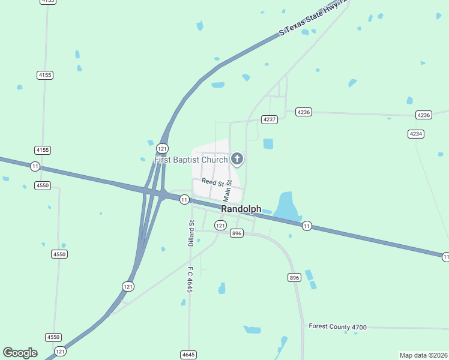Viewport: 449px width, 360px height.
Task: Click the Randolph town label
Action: click(241, 209)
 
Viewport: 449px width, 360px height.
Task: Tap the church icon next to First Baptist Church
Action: click(237, 159)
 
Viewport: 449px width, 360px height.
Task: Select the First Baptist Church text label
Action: click(191, 160)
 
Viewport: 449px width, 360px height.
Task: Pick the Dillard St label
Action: click(191, 233)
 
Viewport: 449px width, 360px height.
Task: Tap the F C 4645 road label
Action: click(190, 280)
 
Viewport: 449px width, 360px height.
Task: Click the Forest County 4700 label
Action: click(337, 326)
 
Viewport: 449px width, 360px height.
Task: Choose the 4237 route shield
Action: click(270, 119)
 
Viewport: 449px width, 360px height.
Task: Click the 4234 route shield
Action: click(415, 133)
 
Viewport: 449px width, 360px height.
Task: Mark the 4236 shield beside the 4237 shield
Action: click(304, 112)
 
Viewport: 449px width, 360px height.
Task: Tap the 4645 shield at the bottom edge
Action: click(188, 355)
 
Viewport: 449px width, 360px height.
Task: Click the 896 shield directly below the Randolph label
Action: click(237, 233)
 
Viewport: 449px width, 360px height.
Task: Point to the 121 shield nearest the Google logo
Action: click(60, 351)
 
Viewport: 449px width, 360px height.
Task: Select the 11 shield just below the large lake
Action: click(307, 226)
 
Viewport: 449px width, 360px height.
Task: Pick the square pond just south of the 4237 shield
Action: click(268, 143)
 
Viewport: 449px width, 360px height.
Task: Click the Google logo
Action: click(20, 353)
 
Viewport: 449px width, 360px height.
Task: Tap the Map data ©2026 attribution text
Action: click(423, 355)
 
